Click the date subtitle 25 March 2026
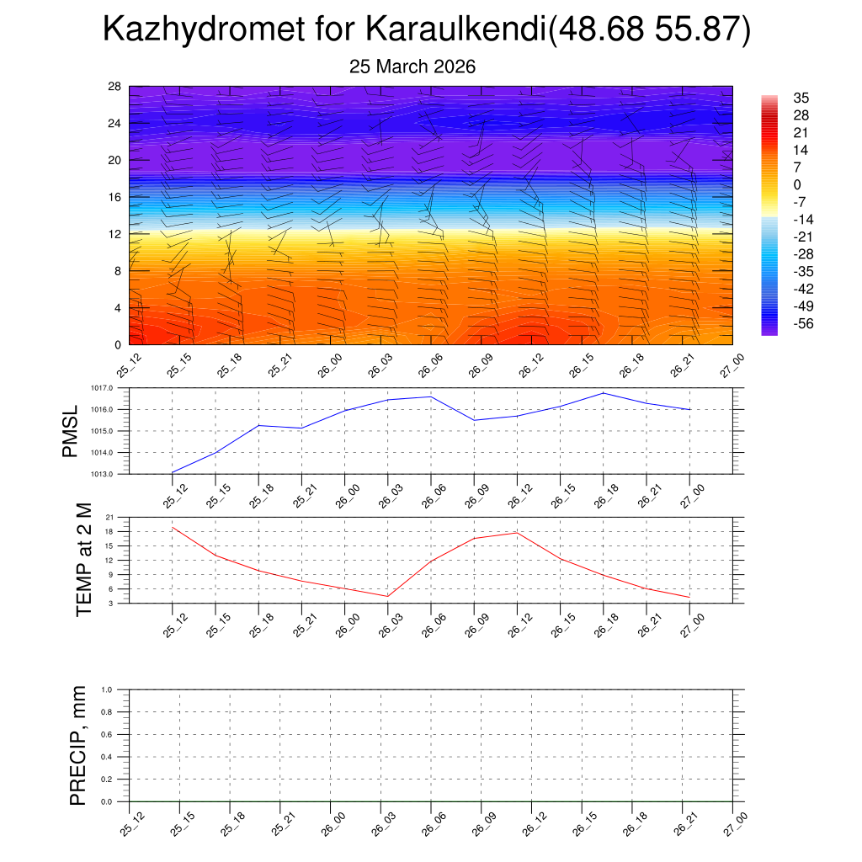tap(412, 67)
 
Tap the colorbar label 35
tap(801, 98)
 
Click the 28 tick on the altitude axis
tap(114, 86)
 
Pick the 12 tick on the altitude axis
tap(114, 234)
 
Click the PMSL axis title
tap(70, 430)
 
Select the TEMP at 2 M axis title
tap(83, 560)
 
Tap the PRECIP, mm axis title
tap(78, 745)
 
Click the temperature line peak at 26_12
tap(516, 533)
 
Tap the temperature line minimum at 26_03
tap(387, 596)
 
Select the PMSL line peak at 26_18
tap(603, 393)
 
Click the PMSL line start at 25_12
tap(172, 472)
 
